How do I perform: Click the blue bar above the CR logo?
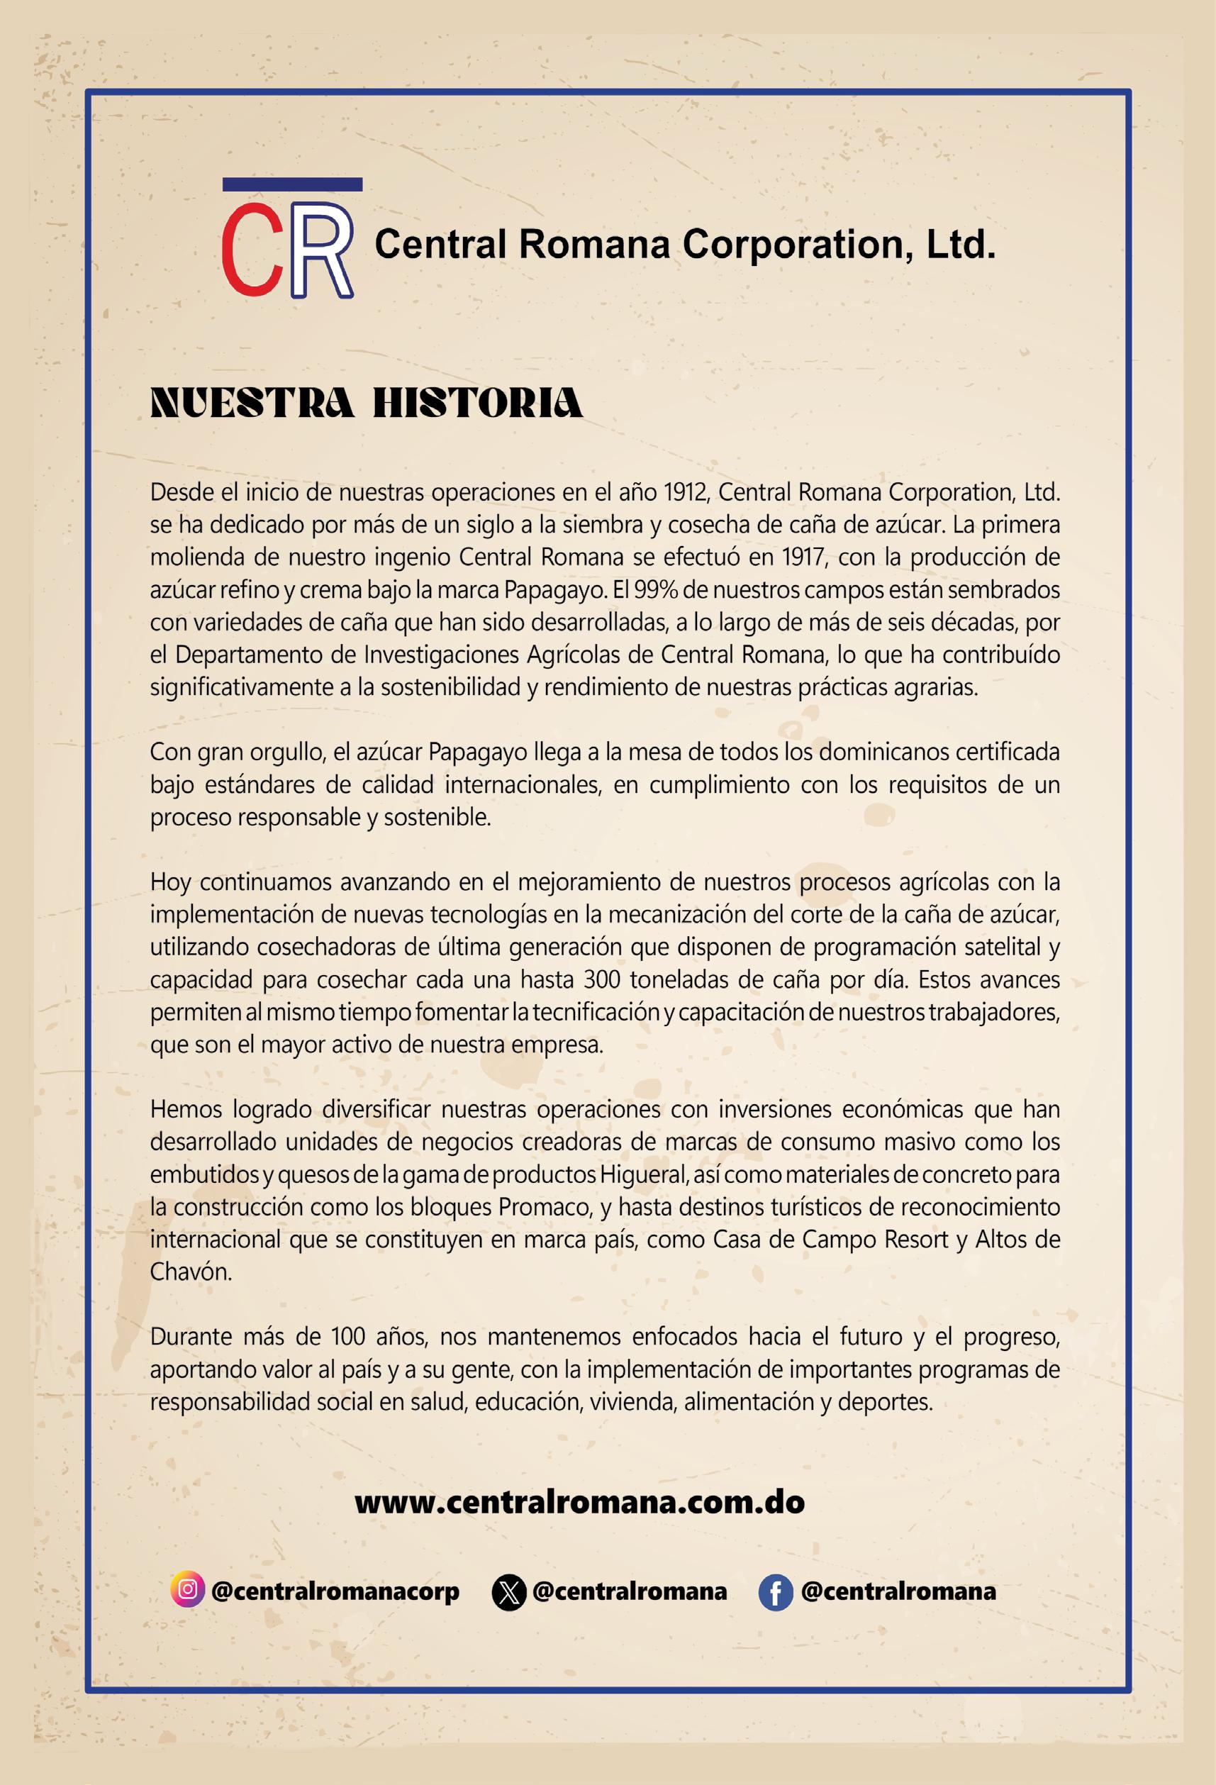pos(292,184)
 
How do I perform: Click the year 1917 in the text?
pos(803,557)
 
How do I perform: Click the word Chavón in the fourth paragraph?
pos(190,1272)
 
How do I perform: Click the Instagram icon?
pos(187,1590)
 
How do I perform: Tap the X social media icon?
pos(508,1592)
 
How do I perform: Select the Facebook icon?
pos(775,1592)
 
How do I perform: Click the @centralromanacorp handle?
pos(334,1591)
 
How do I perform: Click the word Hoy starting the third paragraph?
pos(169,882)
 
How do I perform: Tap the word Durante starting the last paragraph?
pos(192,1338)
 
